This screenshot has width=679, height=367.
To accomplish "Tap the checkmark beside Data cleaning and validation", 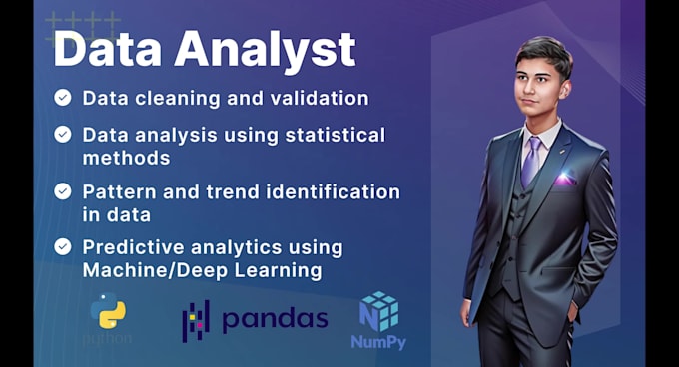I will coord(63,98).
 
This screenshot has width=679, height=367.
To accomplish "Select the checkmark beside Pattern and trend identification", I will coord(63,190).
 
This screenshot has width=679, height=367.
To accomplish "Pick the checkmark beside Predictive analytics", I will coord(63,246).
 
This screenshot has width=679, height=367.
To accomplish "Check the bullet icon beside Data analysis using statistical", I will coord(63,134).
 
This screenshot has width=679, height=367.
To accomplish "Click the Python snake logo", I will coord(108,312).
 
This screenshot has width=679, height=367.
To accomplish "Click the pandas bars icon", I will coord(195,319).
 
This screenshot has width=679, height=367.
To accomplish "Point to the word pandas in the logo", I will coord(274,319).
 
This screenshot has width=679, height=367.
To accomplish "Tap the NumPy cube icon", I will coord(379,310).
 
